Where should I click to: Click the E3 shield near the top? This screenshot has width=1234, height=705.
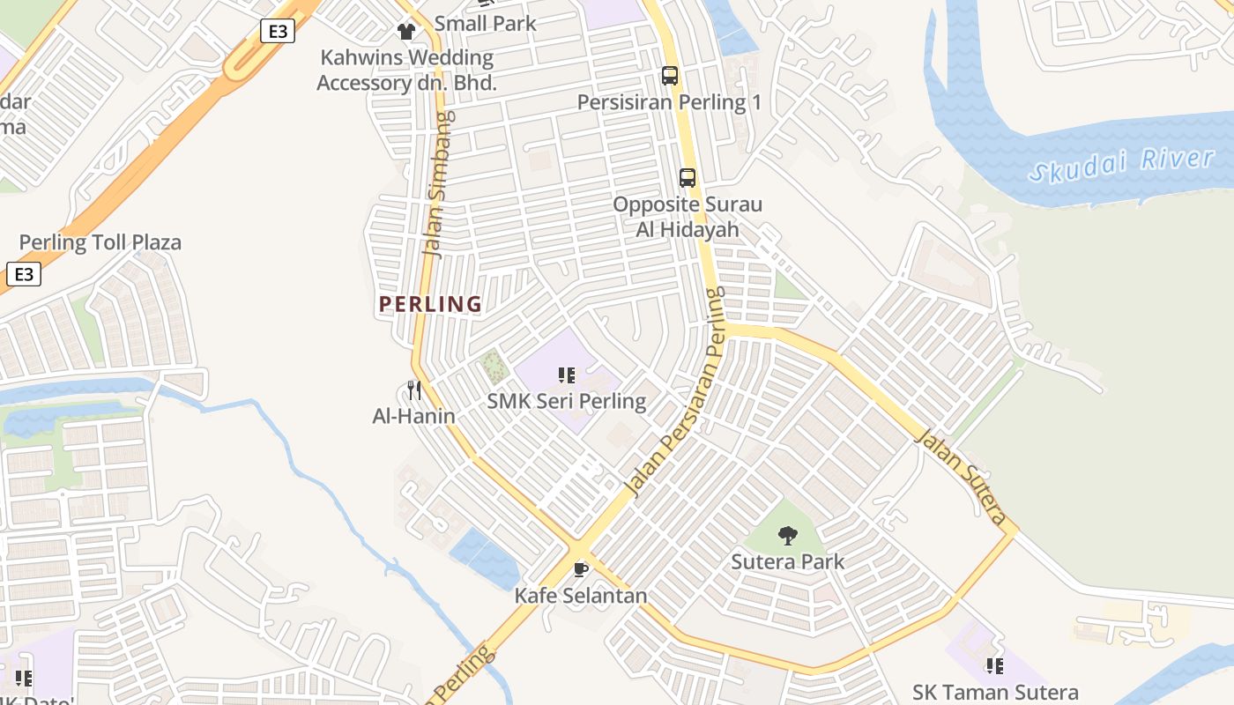(x=278, y=32)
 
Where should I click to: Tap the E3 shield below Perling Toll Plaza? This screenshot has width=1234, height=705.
(x=24, y=274)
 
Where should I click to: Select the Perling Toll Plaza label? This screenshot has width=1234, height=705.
(x=100, y=242)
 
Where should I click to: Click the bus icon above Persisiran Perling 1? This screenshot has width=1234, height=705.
(x=670, y=76)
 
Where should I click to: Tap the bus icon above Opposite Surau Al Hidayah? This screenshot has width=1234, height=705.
(x=688, y=178)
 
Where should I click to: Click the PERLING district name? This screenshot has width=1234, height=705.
(x=430, y=305)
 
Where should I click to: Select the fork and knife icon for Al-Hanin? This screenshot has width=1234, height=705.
(x=414, y=390)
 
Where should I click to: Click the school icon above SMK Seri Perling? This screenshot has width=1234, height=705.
(x=567, y=375)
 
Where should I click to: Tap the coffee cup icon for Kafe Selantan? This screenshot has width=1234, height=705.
(x=580, y=569)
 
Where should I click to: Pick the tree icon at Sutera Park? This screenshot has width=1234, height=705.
(x=788, y=535)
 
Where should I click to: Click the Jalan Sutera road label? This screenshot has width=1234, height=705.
(x=963, y=476)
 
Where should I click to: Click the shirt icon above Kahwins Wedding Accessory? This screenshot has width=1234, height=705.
(x=405, y=32)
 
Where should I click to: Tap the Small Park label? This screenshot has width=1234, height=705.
(x=485, y=24)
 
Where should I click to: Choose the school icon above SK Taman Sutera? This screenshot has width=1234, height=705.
(x=995, y=666)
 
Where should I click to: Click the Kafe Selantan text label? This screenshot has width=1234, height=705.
(x=581, y=596)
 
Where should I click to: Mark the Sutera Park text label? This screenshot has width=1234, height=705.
(x=788, y=561)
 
